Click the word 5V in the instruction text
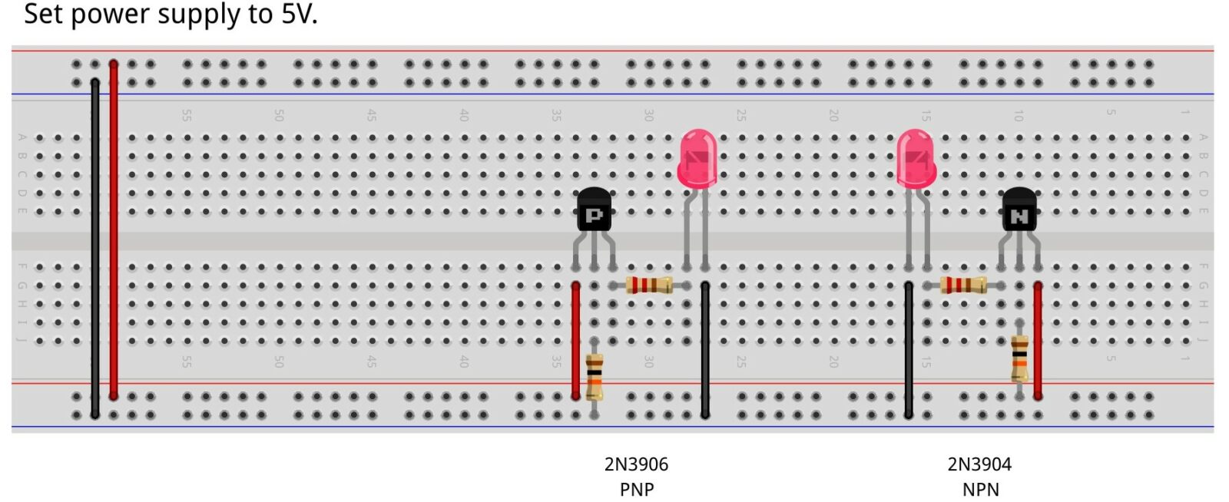click(x=298, y=14)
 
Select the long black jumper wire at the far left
click(x=95, y=246)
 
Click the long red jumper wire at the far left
click(x=114, y=230)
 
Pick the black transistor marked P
click(x=594, y=210)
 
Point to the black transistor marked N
click(x=1019, y=210)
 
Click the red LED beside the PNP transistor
click(x=697, y=159)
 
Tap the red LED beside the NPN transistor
click(x=916, y=159)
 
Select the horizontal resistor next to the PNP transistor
click(x=649, y=286)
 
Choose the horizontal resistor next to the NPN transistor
click(x=963, y=286)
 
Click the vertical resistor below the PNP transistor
click(x=594, y=376)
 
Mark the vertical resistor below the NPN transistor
click(x=1019, y=358)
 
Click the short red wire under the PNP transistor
click(x=576, y=340)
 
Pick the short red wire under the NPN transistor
click(x=1038, y=340)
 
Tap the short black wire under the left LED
click(x=705, y=349)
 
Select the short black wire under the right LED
click(x=909, y=349)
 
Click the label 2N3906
click(x=636, y=464)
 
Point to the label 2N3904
click(x=979, y=464)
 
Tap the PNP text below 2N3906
click(x=636, y=489)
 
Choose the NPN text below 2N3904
click(x=980, y=489)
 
